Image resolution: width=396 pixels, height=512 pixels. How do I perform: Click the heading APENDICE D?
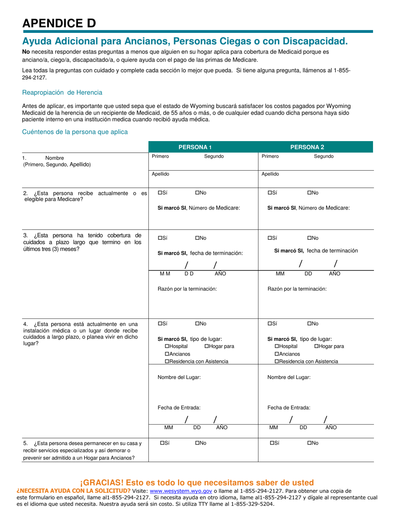59,23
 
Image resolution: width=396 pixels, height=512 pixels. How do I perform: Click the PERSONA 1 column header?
195,147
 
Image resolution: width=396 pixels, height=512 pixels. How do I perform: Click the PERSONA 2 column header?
307,147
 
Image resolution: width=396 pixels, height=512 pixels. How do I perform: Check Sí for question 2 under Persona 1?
160,193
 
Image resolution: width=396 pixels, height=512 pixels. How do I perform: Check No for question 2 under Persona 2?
310,193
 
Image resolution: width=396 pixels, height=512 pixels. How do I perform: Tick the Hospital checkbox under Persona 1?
167,346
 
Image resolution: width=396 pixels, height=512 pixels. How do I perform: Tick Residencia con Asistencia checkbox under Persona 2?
277,361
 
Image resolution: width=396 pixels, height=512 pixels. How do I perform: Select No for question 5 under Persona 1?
197,443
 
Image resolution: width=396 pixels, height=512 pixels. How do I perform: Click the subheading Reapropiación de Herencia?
62,92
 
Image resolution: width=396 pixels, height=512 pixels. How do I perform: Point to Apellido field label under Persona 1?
160,174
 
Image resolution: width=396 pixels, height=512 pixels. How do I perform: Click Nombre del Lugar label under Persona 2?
289,377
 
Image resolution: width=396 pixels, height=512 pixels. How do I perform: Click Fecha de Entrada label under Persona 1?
179,408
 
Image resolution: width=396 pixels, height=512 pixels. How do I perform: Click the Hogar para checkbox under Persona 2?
317,346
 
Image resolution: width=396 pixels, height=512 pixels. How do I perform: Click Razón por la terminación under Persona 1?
187,288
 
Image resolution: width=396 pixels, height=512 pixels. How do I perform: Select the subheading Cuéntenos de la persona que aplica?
75,132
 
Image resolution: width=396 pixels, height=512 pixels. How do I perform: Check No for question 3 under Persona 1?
197,238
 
